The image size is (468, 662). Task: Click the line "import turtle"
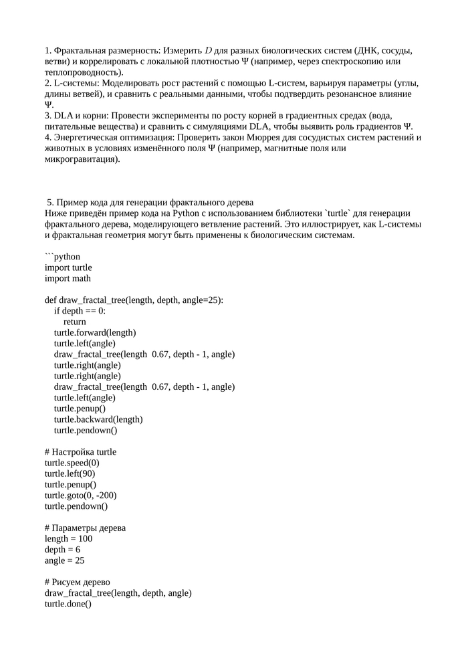68,267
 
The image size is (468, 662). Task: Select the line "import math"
68,278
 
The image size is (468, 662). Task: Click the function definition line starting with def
134,300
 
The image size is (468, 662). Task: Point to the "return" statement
74,322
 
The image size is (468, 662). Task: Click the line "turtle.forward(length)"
95,332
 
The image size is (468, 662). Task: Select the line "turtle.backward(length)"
98,419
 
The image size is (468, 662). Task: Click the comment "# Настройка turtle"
80,452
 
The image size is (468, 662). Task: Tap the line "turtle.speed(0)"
72,463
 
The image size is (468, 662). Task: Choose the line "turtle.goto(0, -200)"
80,495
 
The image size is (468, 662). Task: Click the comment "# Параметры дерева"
85,528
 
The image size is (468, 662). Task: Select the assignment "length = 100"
68,538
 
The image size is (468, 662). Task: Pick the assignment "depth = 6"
62,550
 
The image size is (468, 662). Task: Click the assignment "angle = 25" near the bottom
64,560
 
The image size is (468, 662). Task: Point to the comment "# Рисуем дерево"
78,582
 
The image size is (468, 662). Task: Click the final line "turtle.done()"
68,604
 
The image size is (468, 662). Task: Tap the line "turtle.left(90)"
70,473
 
